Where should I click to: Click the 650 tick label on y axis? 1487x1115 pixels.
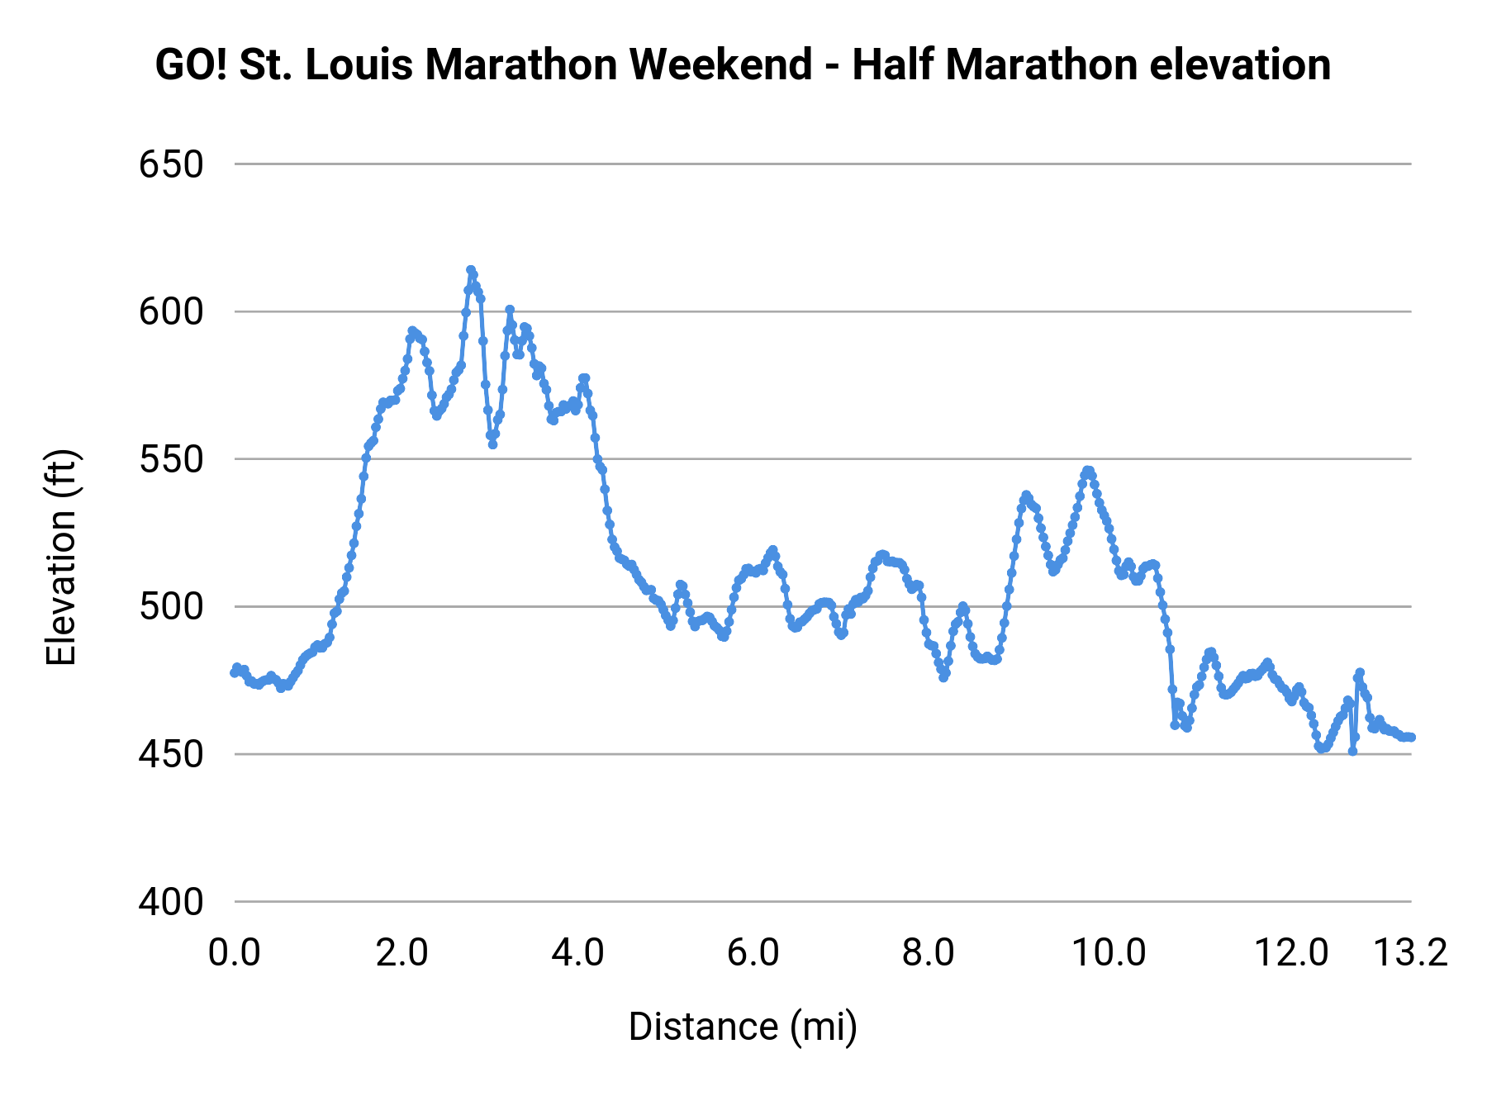(171, 165)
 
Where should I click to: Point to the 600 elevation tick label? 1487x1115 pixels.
(171, 313)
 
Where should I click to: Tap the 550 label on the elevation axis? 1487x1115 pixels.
(171, 460)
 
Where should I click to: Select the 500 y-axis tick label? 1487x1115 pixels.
(171, 608)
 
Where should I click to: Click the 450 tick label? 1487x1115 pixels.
(171, 755)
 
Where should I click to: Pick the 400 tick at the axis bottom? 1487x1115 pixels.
(171, 902)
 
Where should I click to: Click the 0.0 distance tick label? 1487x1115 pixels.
(235, 953)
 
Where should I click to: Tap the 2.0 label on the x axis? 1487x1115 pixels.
(401, 953)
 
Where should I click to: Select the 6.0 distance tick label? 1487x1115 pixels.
(753, 953)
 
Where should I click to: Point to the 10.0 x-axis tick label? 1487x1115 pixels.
(1108, 953)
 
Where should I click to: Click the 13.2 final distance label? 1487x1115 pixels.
(1410, 953)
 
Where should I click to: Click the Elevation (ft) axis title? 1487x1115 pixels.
(62, 557)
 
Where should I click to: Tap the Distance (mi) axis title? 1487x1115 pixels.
(743, 1027)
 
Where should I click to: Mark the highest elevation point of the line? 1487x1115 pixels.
(471, 270)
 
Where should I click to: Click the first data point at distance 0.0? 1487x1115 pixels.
(235, 672)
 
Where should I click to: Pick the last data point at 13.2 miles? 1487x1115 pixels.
(1411, 737)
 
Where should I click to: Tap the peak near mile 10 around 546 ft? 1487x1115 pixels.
(1088, 471)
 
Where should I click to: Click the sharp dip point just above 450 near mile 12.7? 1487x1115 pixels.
(1352, 752)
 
